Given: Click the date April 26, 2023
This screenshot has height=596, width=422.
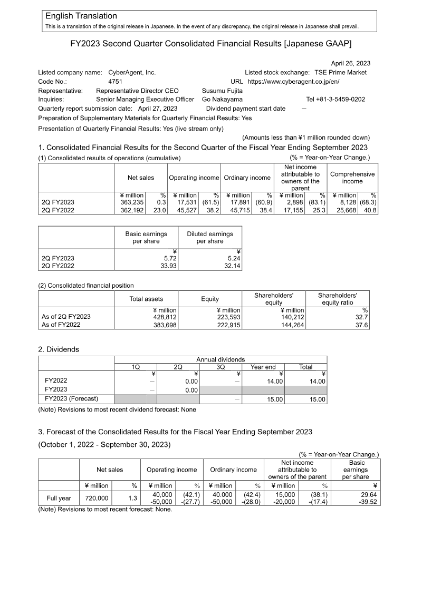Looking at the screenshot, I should [x=350, y=63].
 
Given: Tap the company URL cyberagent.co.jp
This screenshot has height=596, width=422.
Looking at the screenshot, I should [x=293, y=82].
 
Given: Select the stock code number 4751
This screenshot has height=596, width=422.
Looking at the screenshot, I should [x=116, y=82].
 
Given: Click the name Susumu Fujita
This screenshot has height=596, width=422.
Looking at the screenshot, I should [x=223, y=91].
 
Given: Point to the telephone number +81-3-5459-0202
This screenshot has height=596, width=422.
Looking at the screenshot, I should [x=335, y=99].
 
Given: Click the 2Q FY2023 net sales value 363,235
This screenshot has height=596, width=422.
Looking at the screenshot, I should [x=132, y=202].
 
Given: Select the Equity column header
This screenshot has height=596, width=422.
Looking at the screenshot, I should [x=209, y=299].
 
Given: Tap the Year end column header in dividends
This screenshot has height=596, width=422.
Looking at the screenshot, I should [x=263, y=367].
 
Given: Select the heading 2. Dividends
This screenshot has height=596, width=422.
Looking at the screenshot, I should [x=59, y=349].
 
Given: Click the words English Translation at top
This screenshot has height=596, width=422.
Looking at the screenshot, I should [x=81, y=16].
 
